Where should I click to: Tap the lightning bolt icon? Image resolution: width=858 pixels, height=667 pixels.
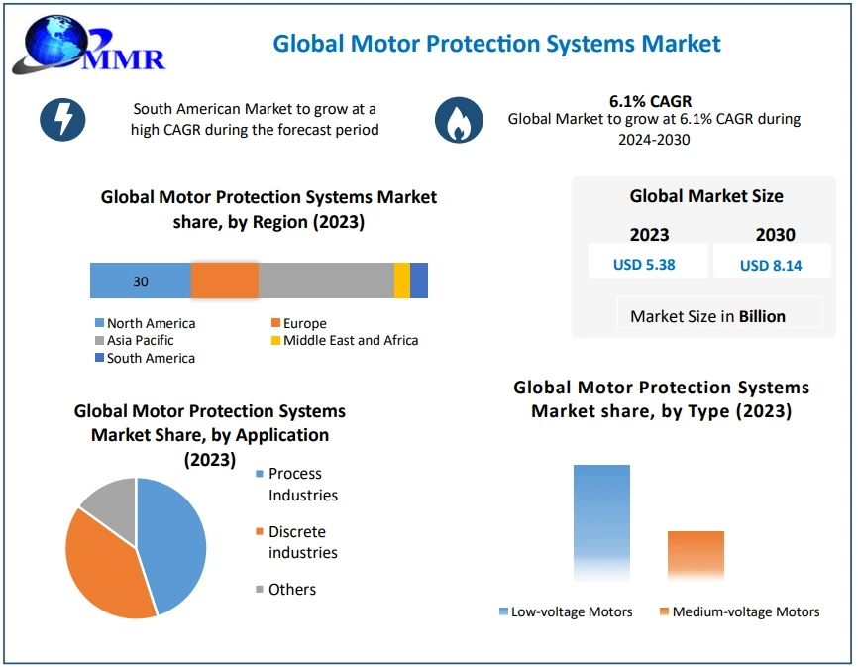[x=62, y=119]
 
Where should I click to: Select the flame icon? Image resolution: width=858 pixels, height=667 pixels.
[x=459, y=121]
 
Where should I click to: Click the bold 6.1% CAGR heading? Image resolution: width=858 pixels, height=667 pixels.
[x=650, y=101]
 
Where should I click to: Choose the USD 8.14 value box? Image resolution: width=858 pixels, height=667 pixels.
[x=770, y=265]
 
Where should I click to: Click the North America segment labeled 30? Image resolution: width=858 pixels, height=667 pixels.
[x=141, y=281]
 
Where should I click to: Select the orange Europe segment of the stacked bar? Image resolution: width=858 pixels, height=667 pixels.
[x=225, y=281]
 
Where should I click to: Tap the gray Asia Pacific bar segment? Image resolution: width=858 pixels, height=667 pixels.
[x=326, y=281]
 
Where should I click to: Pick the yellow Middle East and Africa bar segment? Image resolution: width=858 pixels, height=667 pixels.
[x=401, y=281]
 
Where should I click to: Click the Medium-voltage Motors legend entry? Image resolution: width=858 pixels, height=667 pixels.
[x=739, y=611]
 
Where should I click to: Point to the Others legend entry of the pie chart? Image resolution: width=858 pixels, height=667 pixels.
[x=286, y=590]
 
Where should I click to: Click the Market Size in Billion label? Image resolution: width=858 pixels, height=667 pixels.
[x=707, y=316]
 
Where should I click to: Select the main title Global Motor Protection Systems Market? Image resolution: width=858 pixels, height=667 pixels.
[x=497, y=44]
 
